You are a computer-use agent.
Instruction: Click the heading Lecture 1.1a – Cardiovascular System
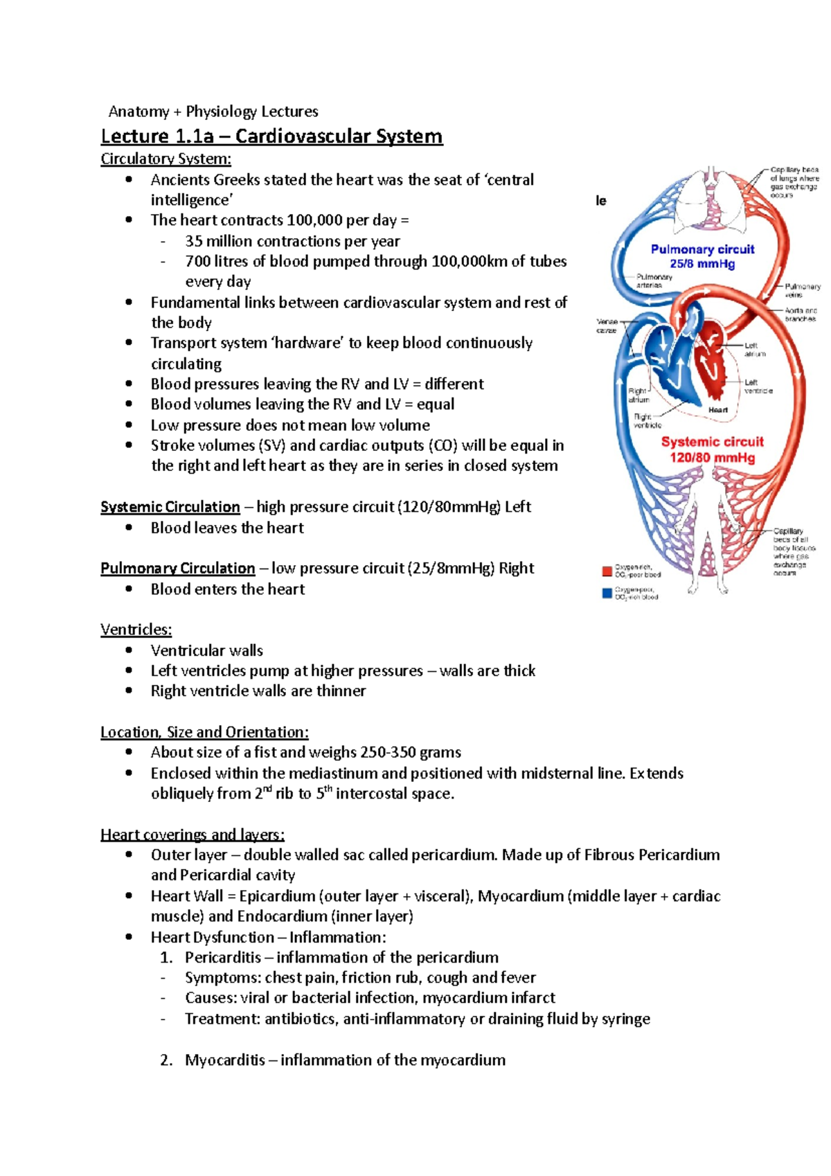[271, 136]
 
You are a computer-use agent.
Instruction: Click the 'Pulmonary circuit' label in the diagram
[702, 249]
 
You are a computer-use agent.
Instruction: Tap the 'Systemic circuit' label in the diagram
[712, 442]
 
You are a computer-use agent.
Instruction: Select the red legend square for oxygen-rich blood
[607, 571]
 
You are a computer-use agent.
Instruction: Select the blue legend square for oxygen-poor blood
[607, 593]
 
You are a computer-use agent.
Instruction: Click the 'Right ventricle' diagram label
[647, 420]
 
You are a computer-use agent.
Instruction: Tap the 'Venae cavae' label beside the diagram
[607, 326]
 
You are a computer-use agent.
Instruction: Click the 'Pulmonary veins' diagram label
[801, 290]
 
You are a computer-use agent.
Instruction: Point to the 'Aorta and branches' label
[801, 314]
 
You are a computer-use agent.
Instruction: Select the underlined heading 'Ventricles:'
[136, 630]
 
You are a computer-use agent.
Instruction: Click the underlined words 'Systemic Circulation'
[170, 507]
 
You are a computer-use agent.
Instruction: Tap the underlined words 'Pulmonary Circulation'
[177, 569]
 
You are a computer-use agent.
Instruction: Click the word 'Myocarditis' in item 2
[224, 1060]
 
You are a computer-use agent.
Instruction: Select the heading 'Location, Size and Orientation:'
[204, 732]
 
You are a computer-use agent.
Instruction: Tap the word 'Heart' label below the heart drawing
[717, 410]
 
